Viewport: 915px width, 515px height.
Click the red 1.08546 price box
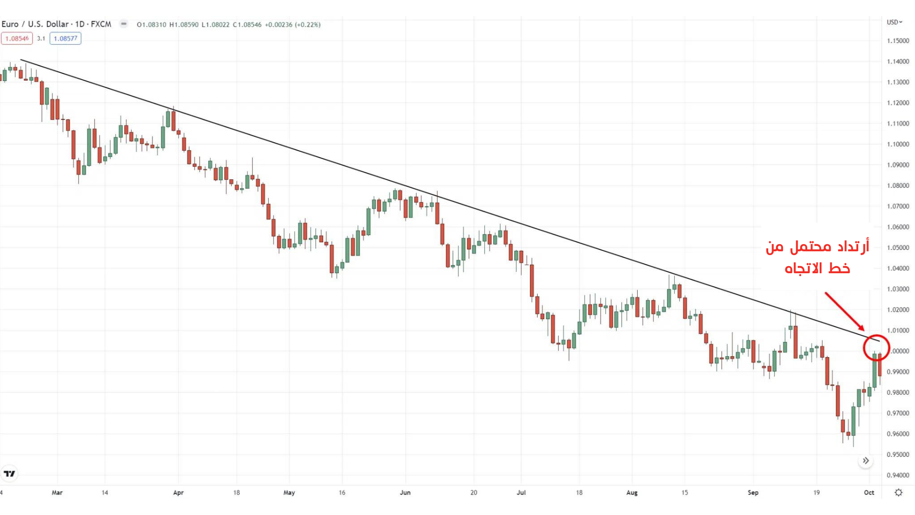[x=17, y=39]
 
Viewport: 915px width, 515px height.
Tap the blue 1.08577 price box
[x=65, y=39]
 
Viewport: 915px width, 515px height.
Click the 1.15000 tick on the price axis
[x=898, y=41]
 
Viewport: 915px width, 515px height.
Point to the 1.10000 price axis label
[x=898, y=144]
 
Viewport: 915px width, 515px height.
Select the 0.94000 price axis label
[x=898, y=475]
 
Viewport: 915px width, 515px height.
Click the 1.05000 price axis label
[x=898, y=247]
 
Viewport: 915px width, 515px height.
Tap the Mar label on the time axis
[x=57, y=493]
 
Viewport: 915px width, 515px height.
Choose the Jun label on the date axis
[x=405, y=493]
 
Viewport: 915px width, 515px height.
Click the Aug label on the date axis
[x=632, y=493]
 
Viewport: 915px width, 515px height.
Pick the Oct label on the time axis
[x=869, y=493]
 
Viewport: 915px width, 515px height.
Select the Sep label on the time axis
[x=753, y=493]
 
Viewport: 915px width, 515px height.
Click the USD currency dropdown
[x=895, y=22]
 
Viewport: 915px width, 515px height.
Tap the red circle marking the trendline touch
[x=876, y=347]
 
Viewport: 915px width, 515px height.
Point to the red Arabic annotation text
[x=817, y=257]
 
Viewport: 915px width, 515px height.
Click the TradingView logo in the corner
[x=10, y=474]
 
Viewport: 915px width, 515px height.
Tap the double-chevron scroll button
[x=866, y=461]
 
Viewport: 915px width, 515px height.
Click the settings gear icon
[x=898, y=493]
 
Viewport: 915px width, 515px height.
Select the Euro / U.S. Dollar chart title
[x=56, y=24]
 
